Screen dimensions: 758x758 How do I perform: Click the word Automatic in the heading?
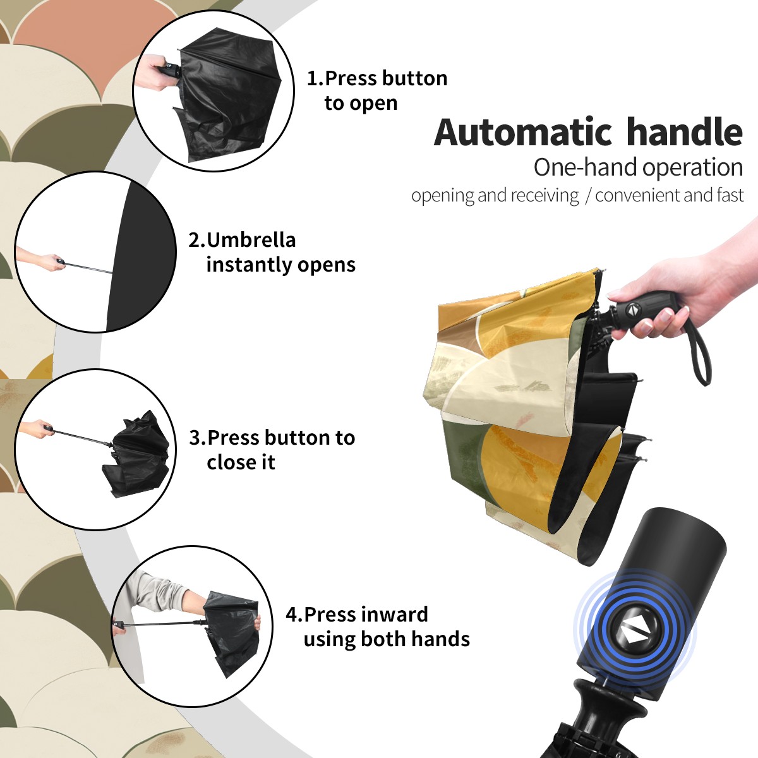(x=523, y=133)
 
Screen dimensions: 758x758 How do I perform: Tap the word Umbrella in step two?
(x=251, y=240)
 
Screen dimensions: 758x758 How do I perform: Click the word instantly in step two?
(x=250, y=265)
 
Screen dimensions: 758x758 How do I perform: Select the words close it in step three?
(x=241, y=462)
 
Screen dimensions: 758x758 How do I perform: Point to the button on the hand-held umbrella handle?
(x=633, y=310)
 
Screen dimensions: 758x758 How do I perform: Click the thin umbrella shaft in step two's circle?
(x=88, y=267)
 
